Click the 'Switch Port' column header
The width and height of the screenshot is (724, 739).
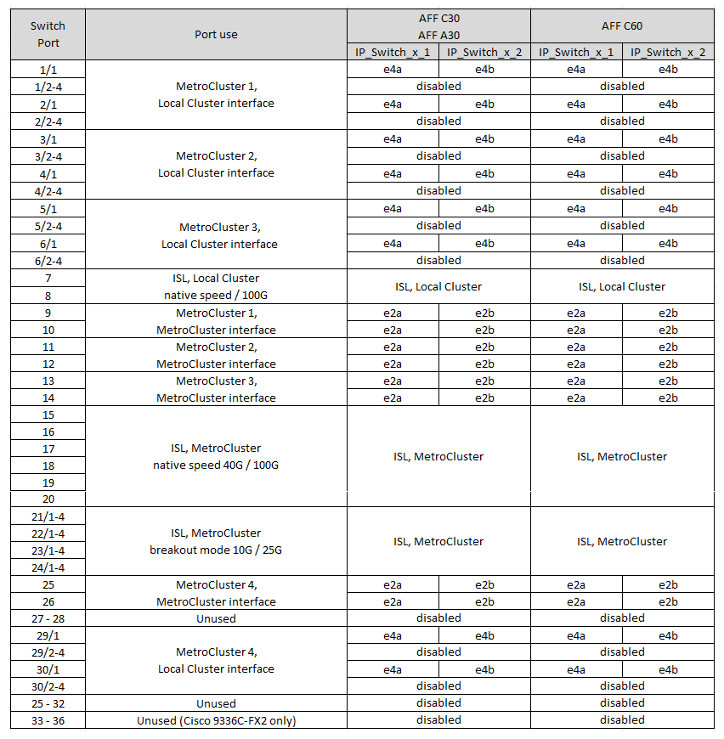[48, 34]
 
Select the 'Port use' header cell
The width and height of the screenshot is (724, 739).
[216, 34]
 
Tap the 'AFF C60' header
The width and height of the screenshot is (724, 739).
[622, 25]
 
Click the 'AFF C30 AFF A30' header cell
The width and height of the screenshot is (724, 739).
[438, 25]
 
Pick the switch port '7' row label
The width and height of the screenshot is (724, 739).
[48, 278]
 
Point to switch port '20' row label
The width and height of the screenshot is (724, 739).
[48, 499]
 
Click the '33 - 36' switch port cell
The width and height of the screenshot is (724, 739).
[48, 720]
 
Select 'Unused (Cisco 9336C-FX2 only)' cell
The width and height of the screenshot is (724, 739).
[216, 720]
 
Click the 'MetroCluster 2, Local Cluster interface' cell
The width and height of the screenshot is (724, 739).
[216, 164]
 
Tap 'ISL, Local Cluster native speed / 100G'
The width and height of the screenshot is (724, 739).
[216, 286]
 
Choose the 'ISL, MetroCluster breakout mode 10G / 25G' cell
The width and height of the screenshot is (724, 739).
[216, 541]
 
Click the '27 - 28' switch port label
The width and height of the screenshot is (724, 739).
[48, 618]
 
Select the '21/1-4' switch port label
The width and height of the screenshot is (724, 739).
[48, 516]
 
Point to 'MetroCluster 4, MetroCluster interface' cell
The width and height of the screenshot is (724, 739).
[216, 593]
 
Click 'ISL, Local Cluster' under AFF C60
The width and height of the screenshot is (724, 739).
[622, 286]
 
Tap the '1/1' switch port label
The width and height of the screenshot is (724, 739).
[48, 69]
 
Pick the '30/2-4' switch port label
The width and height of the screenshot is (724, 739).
[48, 686]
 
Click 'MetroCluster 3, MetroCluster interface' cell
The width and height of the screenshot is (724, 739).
[216, 389]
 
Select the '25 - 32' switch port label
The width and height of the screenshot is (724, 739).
[48, 703]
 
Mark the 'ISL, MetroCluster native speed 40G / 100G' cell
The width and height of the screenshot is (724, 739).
[216, 456]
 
